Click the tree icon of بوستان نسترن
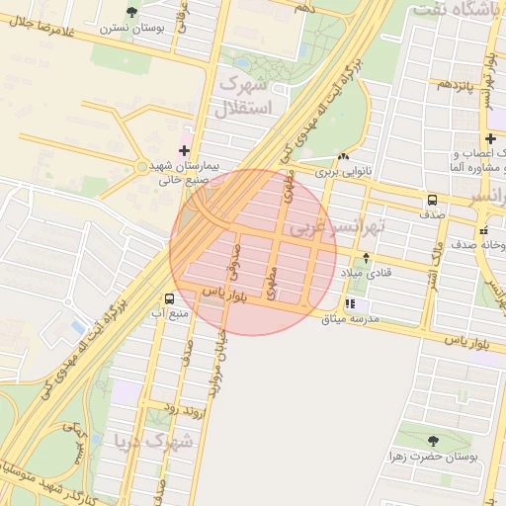click(x=132, y=12)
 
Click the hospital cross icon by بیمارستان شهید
click(x=184, y=149)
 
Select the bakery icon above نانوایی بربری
click(x=343, y=157)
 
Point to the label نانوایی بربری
click(x=341, y=172)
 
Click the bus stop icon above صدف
click(x=432, y=199)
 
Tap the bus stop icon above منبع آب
click(x=170, y=297)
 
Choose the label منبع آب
click(x=169, y=313)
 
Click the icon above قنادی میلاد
click(x=367, y=258)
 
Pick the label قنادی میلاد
click(x=367, y=273)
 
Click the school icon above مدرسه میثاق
click(x=350, y=303)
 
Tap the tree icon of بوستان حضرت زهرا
click(x=433, y=441)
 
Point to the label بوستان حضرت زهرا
click(x=435, y=457)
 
